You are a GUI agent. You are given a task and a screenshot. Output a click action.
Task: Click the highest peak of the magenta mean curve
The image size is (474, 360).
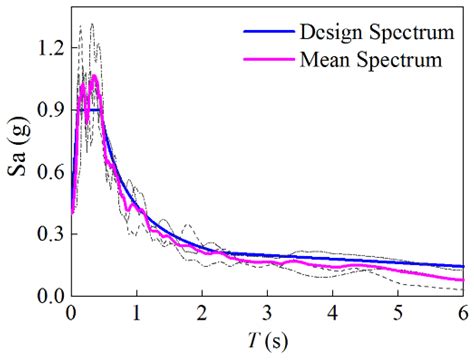[93, 75]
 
